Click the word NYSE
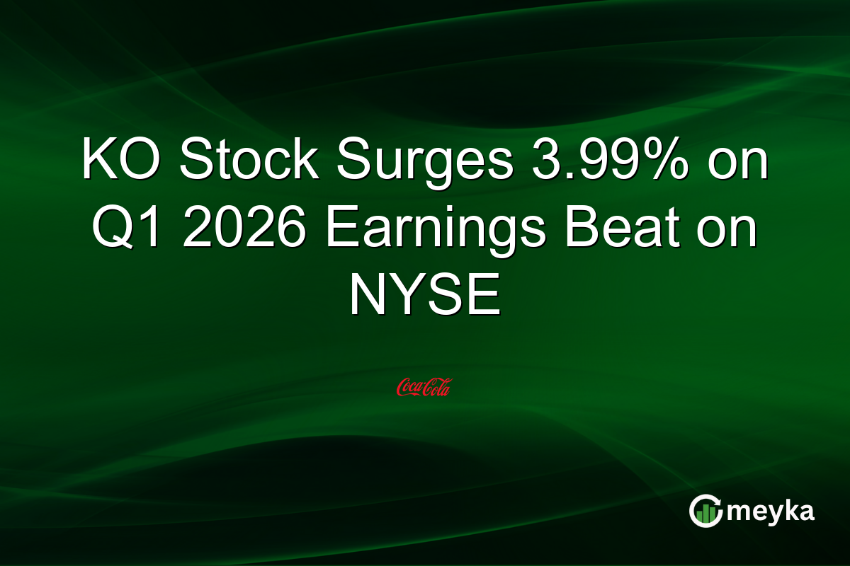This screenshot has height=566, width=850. (x=424, y=296)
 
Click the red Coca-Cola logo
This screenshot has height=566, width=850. (x=424, y=386)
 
